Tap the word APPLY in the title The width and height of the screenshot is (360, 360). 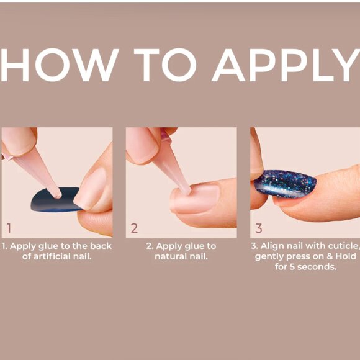point(286,65)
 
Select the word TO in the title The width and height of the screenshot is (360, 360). point(165,65)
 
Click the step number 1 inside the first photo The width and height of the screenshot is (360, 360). point(9,228)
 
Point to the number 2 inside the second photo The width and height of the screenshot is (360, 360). point(134,228)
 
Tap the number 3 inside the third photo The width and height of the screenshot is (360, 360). point(259,228)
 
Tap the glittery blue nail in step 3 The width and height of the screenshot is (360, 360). point(286,184)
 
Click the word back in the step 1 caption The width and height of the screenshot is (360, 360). point(101,246)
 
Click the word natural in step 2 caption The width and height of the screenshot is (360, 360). point(171,256)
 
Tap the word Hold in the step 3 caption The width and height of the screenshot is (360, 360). point(346,256)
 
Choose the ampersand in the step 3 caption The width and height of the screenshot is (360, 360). point(330,256)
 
